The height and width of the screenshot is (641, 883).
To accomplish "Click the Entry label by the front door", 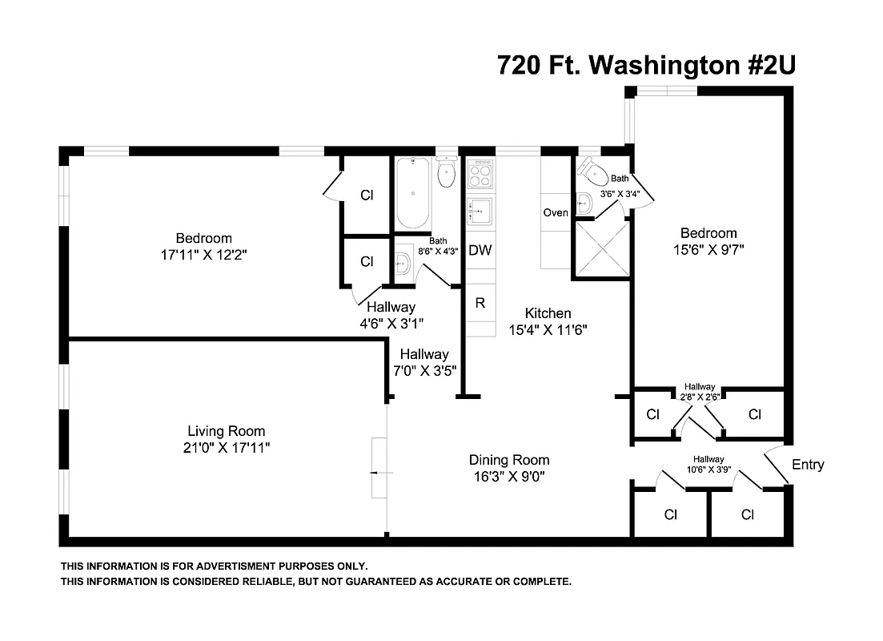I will coord(807,465).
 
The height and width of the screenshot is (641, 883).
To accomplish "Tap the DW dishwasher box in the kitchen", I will coord(480,250).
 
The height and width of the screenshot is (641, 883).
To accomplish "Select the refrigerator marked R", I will coord(480,303).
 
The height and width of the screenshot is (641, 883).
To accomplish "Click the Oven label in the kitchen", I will coord(556,212).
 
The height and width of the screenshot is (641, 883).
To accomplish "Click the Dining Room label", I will coord(509,460).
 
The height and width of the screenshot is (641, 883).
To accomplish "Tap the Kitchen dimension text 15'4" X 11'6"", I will coord(548,329).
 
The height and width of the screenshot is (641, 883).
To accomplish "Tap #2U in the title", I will coord(766,65).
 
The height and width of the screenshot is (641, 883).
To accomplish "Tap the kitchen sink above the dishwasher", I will coord(480,212).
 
